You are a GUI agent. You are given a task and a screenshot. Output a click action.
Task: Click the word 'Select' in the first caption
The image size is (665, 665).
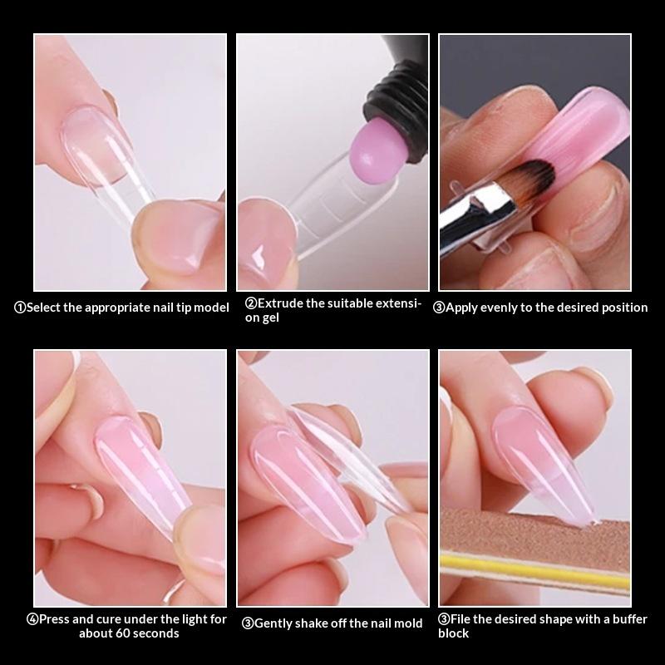click(44, 308)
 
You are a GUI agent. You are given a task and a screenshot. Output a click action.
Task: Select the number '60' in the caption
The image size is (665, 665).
click(122, 633)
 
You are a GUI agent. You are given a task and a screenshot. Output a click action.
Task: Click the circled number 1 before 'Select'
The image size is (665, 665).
click(19, 308)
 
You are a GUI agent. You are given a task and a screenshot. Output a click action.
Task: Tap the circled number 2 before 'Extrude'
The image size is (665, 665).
click(250, 303)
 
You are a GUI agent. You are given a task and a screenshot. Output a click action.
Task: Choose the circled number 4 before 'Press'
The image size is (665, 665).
click(32, 619)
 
